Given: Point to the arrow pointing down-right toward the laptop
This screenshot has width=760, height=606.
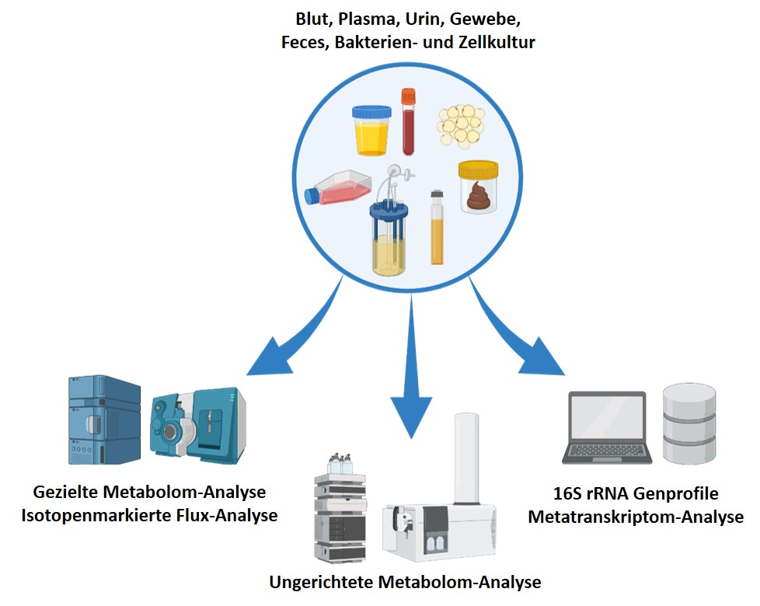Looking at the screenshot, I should point(520,334).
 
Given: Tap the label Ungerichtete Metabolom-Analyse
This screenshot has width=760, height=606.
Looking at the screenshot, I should point(405,582).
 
